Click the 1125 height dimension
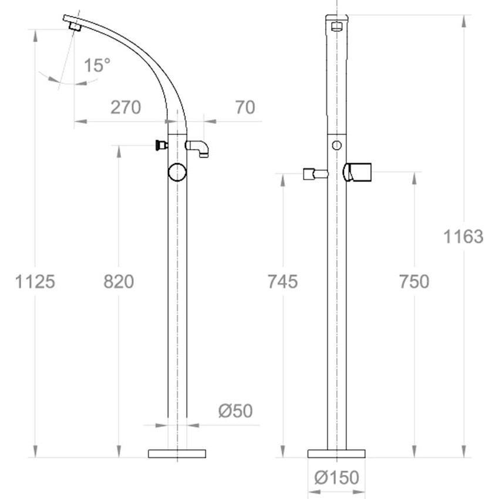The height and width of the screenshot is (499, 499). point(35,282)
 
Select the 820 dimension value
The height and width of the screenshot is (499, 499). point(119,282)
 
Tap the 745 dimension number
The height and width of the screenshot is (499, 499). point(282,282)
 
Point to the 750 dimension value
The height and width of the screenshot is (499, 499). point(414,282)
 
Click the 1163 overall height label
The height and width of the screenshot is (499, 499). point(463,237)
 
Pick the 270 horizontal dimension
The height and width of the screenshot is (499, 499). point(126,107)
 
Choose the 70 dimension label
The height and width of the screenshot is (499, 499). point(245,107)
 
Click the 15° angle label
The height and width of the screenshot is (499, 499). point(97,65)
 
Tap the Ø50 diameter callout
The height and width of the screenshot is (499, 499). point(235,410)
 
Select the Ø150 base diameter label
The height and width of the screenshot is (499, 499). point(337,477)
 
